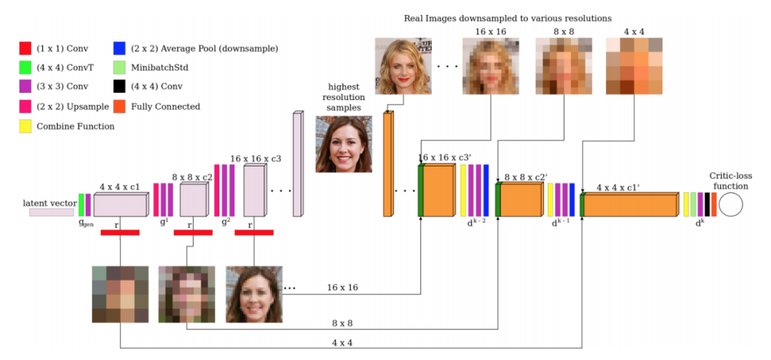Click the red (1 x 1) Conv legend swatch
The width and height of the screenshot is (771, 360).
point(25,49)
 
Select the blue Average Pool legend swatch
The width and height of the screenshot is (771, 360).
point(119,49)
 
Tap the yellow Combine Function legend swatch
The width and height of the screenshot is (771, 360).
point(25,126)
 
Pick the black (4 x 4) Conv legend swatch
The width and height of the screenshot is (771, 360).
point(119,87)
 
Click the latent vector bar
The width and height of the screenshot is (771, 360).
point(51,212)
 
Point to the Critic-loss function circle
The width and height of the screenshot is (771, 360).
point(730,204)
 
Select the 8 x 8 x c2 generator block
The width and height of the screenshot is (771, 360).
point(192,201)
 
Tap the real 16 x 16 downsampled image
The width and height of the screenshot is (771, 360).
point(490,66)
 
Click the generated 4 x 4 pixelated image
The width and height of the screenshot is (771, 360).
point(120,294)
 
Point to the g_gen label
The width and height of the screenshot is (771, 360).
point(86,223)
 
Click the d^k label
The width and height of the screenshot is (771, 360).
point(700,223)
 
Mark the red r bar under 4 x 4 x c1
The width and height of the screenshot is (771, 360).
point(120,232)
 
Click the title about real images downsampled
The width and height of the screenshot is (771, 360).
point(508,18)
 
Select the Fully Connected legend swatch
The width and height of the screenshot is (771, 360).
point(119,106)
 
